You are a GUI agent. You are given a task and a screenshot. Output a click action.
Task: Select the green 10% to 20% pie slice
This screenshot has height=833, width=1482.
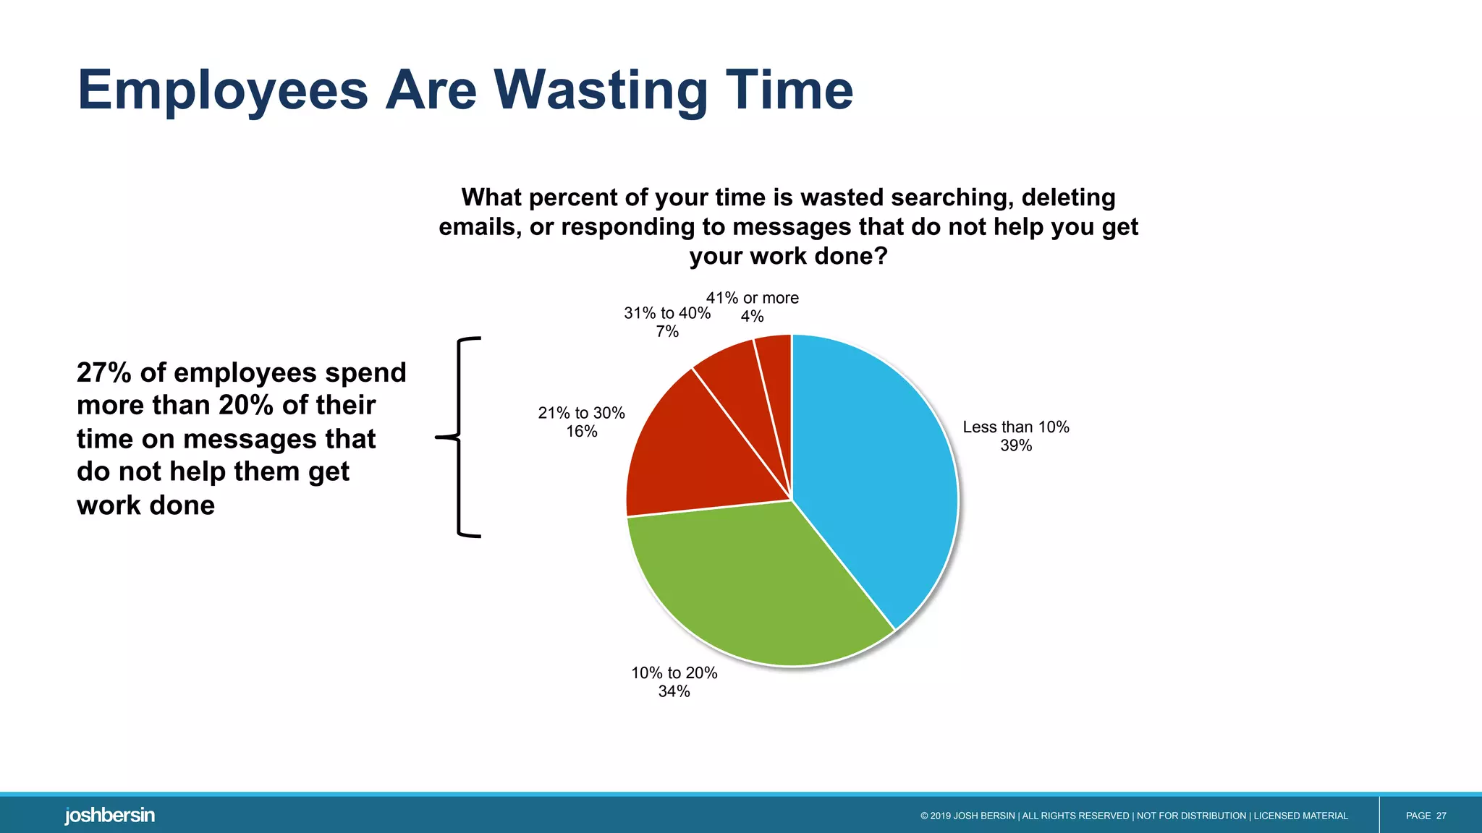(x=753, y=586)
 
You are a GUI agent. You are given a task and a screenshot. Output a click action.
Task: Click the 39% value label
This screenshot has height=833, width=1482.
(x=1016, y=446)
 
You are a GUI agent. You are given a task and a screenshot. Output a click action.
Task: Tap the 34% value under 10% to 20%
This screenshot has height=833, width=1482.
(x=674, y=692)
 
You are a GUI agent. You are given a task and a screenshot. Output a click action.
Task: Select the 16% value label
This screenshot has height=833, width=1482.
(x=582, y=432)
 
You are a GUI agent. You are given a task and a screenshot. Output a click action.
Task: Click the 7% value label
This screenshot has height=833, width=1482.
(x=667, y=332)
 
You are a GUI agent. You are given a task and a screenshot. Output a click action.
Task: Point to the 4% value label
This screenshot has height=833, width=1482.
(x=752, y=317)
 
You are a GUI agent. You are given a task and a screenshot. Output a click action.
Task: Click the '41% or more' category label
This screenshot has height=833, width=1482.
(x=752, y=298)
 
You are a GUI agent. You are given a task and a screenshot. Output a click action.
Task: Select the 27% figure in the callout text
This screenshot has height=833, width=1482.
(x=104, y=373)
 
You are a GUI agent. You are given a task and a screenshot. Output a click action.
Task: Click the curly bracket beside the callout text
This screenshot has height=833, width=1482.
(x=460, y=437)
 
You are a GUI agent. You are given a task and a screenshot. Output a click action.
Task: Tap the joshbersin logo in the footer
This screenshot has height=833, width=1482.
(x=110, y=816)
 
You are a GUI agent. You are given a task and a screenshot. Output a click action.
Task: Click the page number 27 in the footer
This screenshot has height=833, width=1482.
(x=1441, y=816)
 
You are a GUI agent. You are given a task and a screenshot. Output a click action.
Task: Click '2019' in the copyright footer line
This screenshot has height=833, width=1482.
(x=940, y=816)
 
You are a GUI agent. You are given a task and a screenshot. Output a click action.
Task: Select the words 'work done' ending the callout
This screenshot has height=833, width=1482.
(x=145, y=505)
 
